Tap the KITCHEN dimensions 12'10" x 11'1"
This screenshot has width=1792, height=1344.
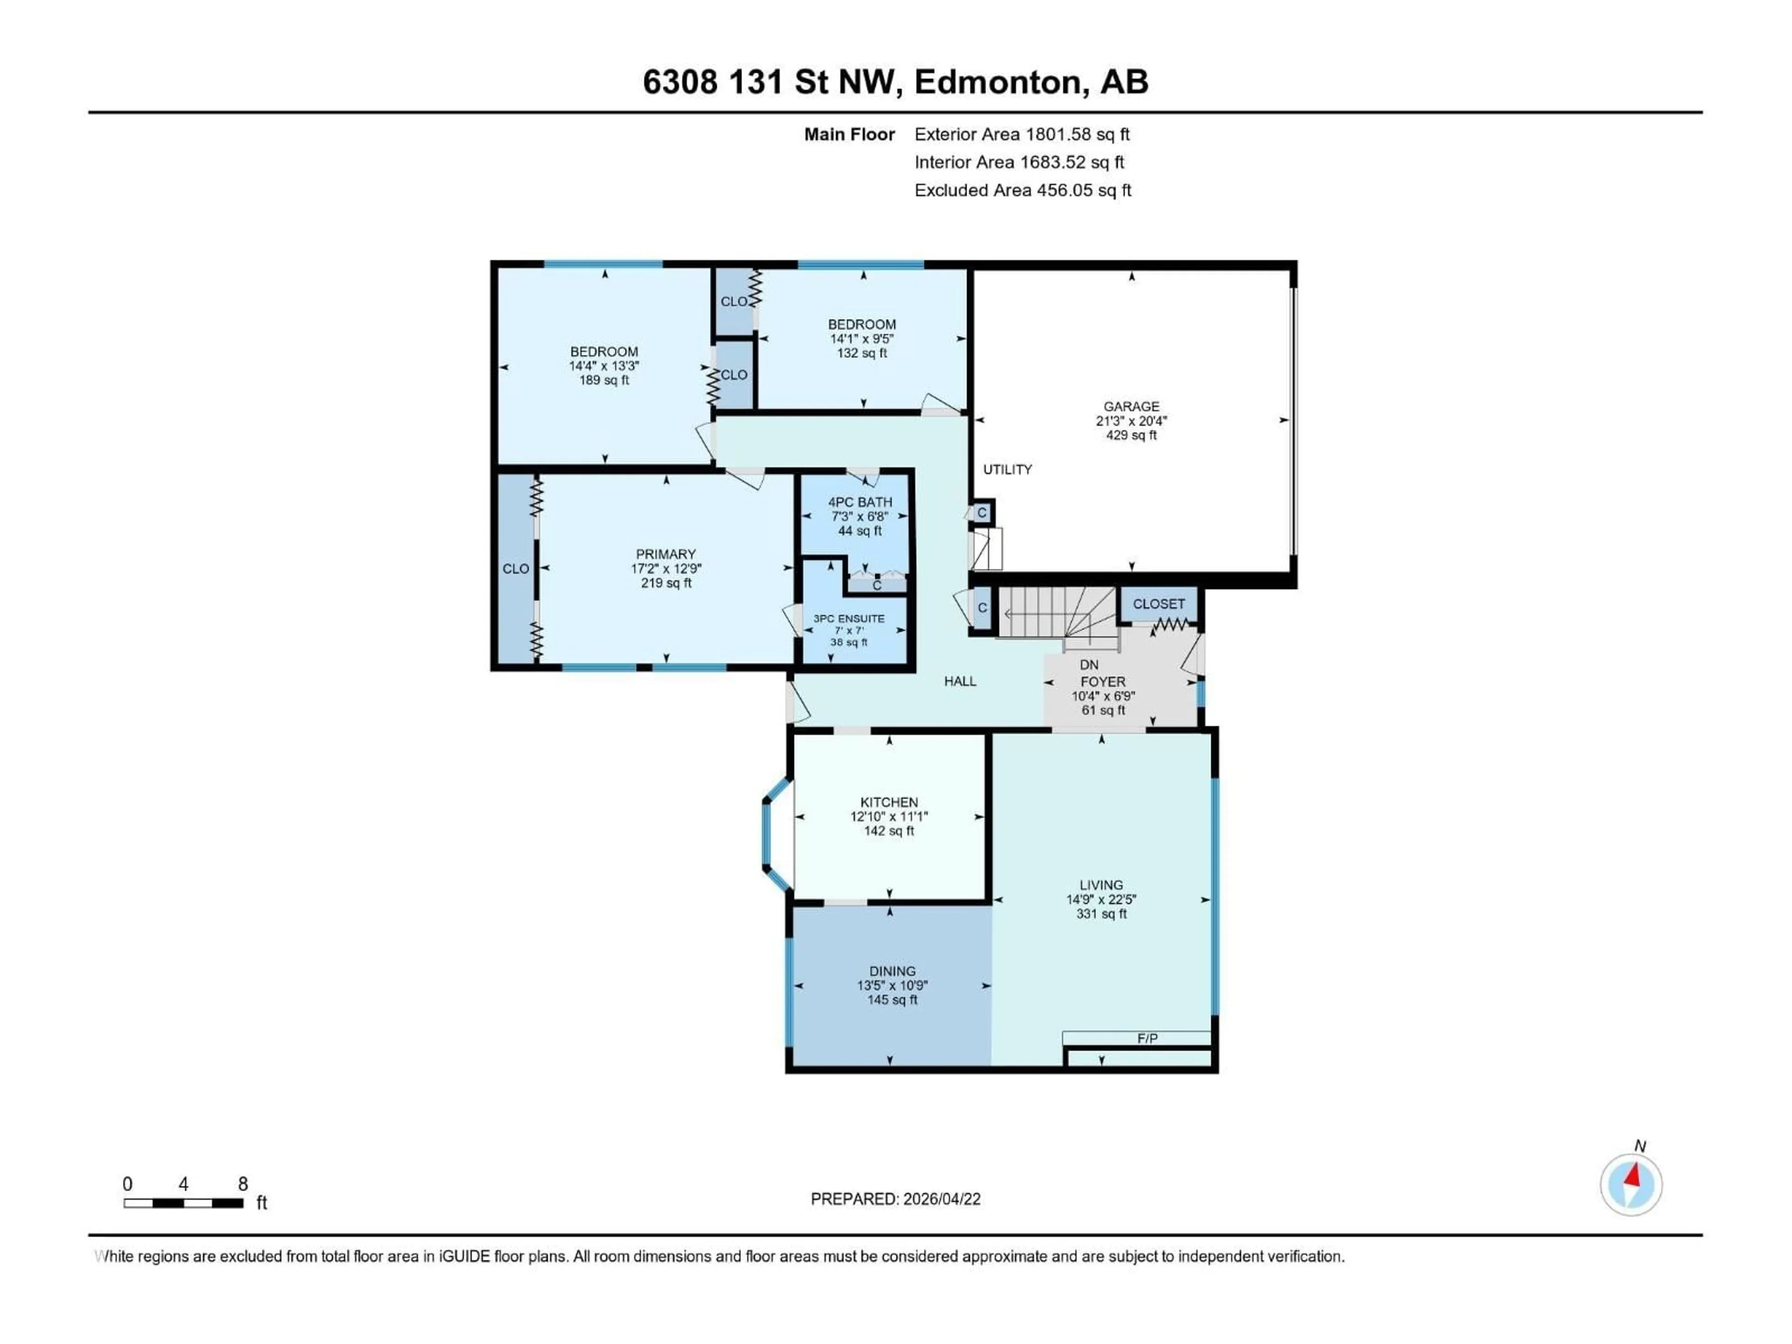pos(889,817)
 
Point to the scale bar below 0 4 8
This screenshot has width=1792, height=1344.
pos(183,1203)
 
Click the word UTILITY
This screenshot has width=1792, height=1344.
pos(1007,469)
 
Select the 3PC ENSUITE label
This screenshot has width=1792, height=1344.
pos(848,618)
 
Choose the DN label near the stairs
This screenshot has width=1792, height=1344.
pos(1089,665)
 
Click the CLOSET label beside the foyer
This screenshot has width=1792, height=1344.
pos(1158,603)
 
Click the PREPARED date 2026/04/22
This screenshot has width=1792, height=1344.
pos(895,1199)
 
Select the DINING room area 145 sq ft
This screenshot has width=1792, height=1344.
pos(892,1000)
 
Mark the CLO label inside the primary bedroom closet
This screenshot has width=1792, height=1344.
pos(515,569)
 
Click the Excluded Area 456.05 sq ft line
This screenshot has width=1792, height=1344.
pos(1022,190)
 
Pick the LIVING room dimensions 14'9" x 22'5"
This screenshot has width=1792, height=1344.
pos(1101,899)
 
